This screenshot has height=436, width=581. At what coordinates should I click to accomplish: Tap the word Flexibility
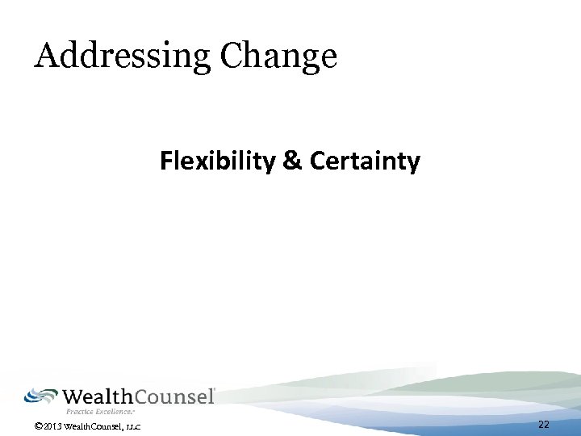219,162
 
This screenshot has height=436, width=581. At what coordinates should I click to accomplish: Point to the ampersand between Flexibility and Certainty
291,162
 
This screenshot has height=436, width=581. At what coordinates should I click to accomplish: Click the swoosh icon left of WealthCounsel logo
41,395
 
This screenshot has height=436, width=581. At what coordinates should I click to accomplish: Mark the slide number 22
543,425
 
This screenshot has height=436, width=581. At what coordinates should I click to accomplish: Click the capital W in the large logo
74,396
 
